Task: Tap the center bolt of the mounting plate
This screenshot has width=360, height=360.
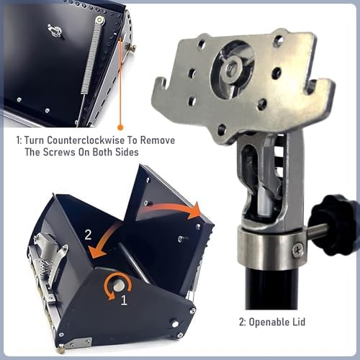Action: (x=233, y=69)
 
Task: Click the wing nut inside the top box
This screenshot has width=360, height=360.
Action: (x=54, y=30)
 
